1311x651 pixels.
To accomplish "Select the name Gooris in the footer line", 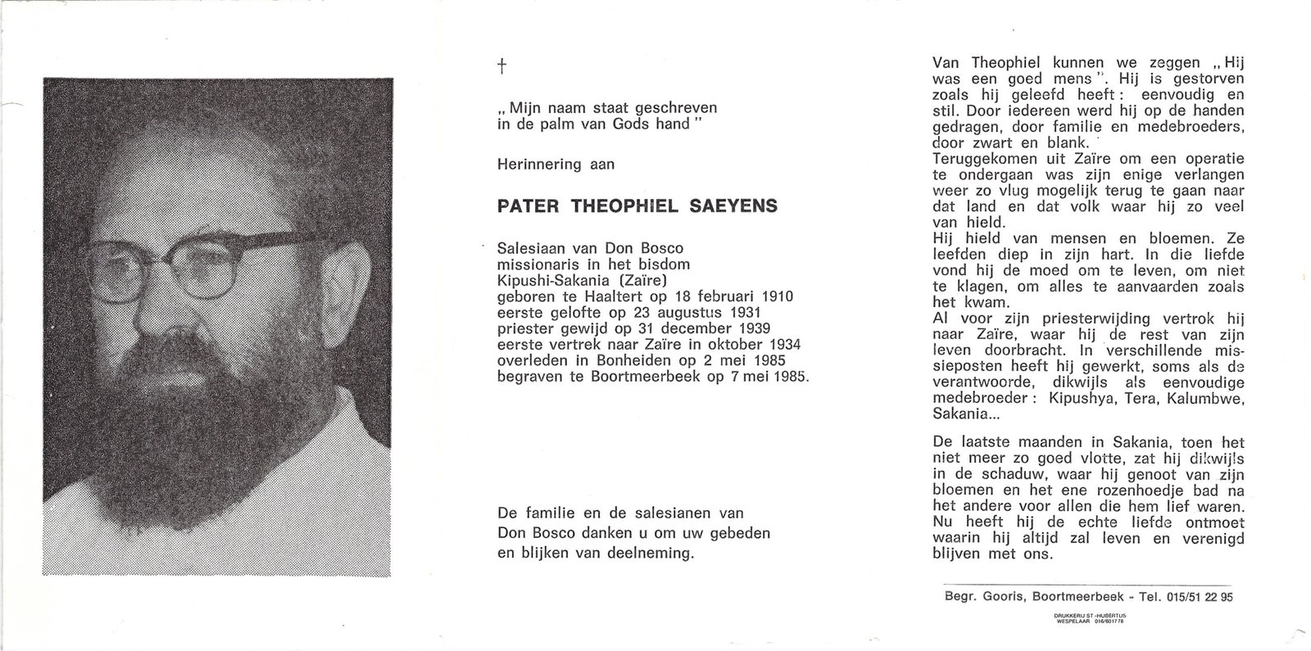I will point(1000,597).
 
